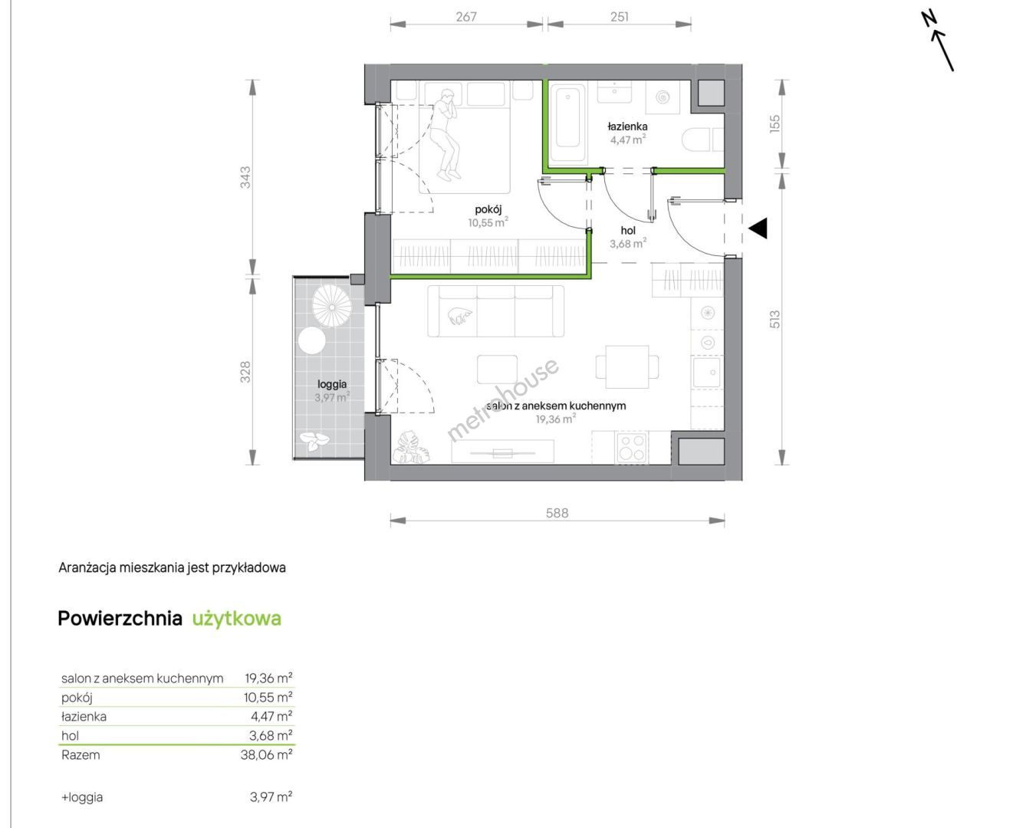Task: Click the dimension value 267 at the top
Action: [x=466, y=17]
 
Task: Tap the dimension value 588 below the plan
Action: [x=557, y=513]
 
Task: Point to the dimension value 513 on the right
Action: [x=775, y=320]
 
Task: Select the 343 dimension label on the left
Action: [x=245, y=177]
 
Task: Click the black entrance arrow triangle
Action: [x=758, y=228]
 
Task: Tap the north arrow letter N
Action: [x=929, y=20]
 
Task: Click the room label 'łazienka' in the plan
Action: [x=627, y=127]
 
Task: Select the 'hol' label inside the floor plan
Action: [x=628, y=231]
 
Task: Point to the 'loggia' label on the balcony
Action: [x=332, y=384]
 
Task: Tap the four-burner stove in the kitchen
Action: [x=632, y=448]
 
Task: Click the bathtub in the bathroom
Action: [x=567, y=123]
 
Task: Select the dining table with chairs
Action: [x=627, y=367]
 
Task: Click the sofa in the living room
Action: [x=495, y=311]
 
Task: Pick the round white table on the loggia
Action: [x=312, y=340]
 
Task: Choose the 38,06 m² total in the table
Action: [x=267, y=754]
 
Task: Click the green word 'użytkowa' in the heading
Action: [x=237, y=619]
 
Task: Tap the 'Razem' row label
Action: [x=81, y=755]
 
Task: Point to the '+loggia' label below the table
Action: [x=81, y=797]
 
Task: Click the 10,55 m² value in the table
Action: [x=268, y=697]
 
